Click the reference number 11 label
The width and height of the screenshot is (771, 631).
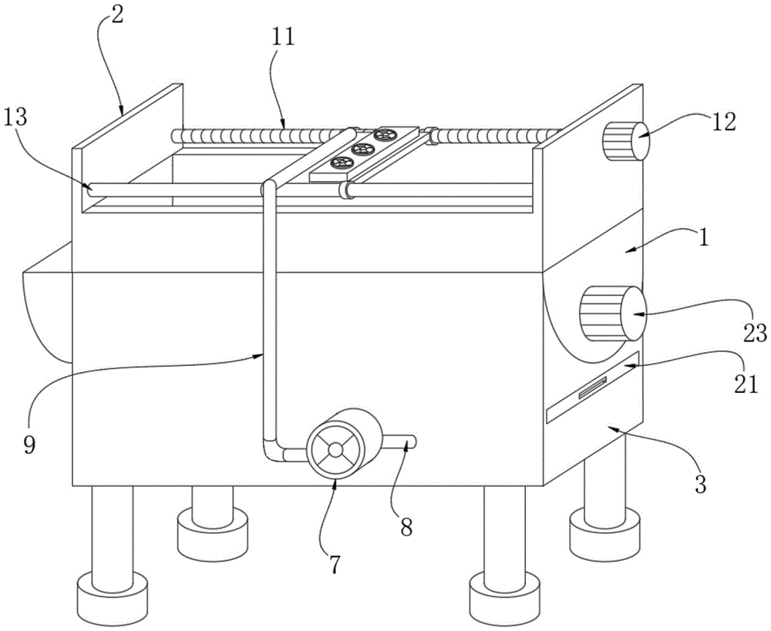click(282, 36)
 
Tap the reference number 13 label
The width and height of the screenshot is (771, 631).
click(17, 117)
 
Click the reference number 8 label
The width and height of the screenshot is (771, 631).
click(406, 527)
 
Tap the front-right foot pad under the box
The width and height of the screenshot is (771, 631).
click(505, 599)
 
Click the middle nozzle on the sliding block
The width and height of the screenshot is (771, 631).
click(362, 149)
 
